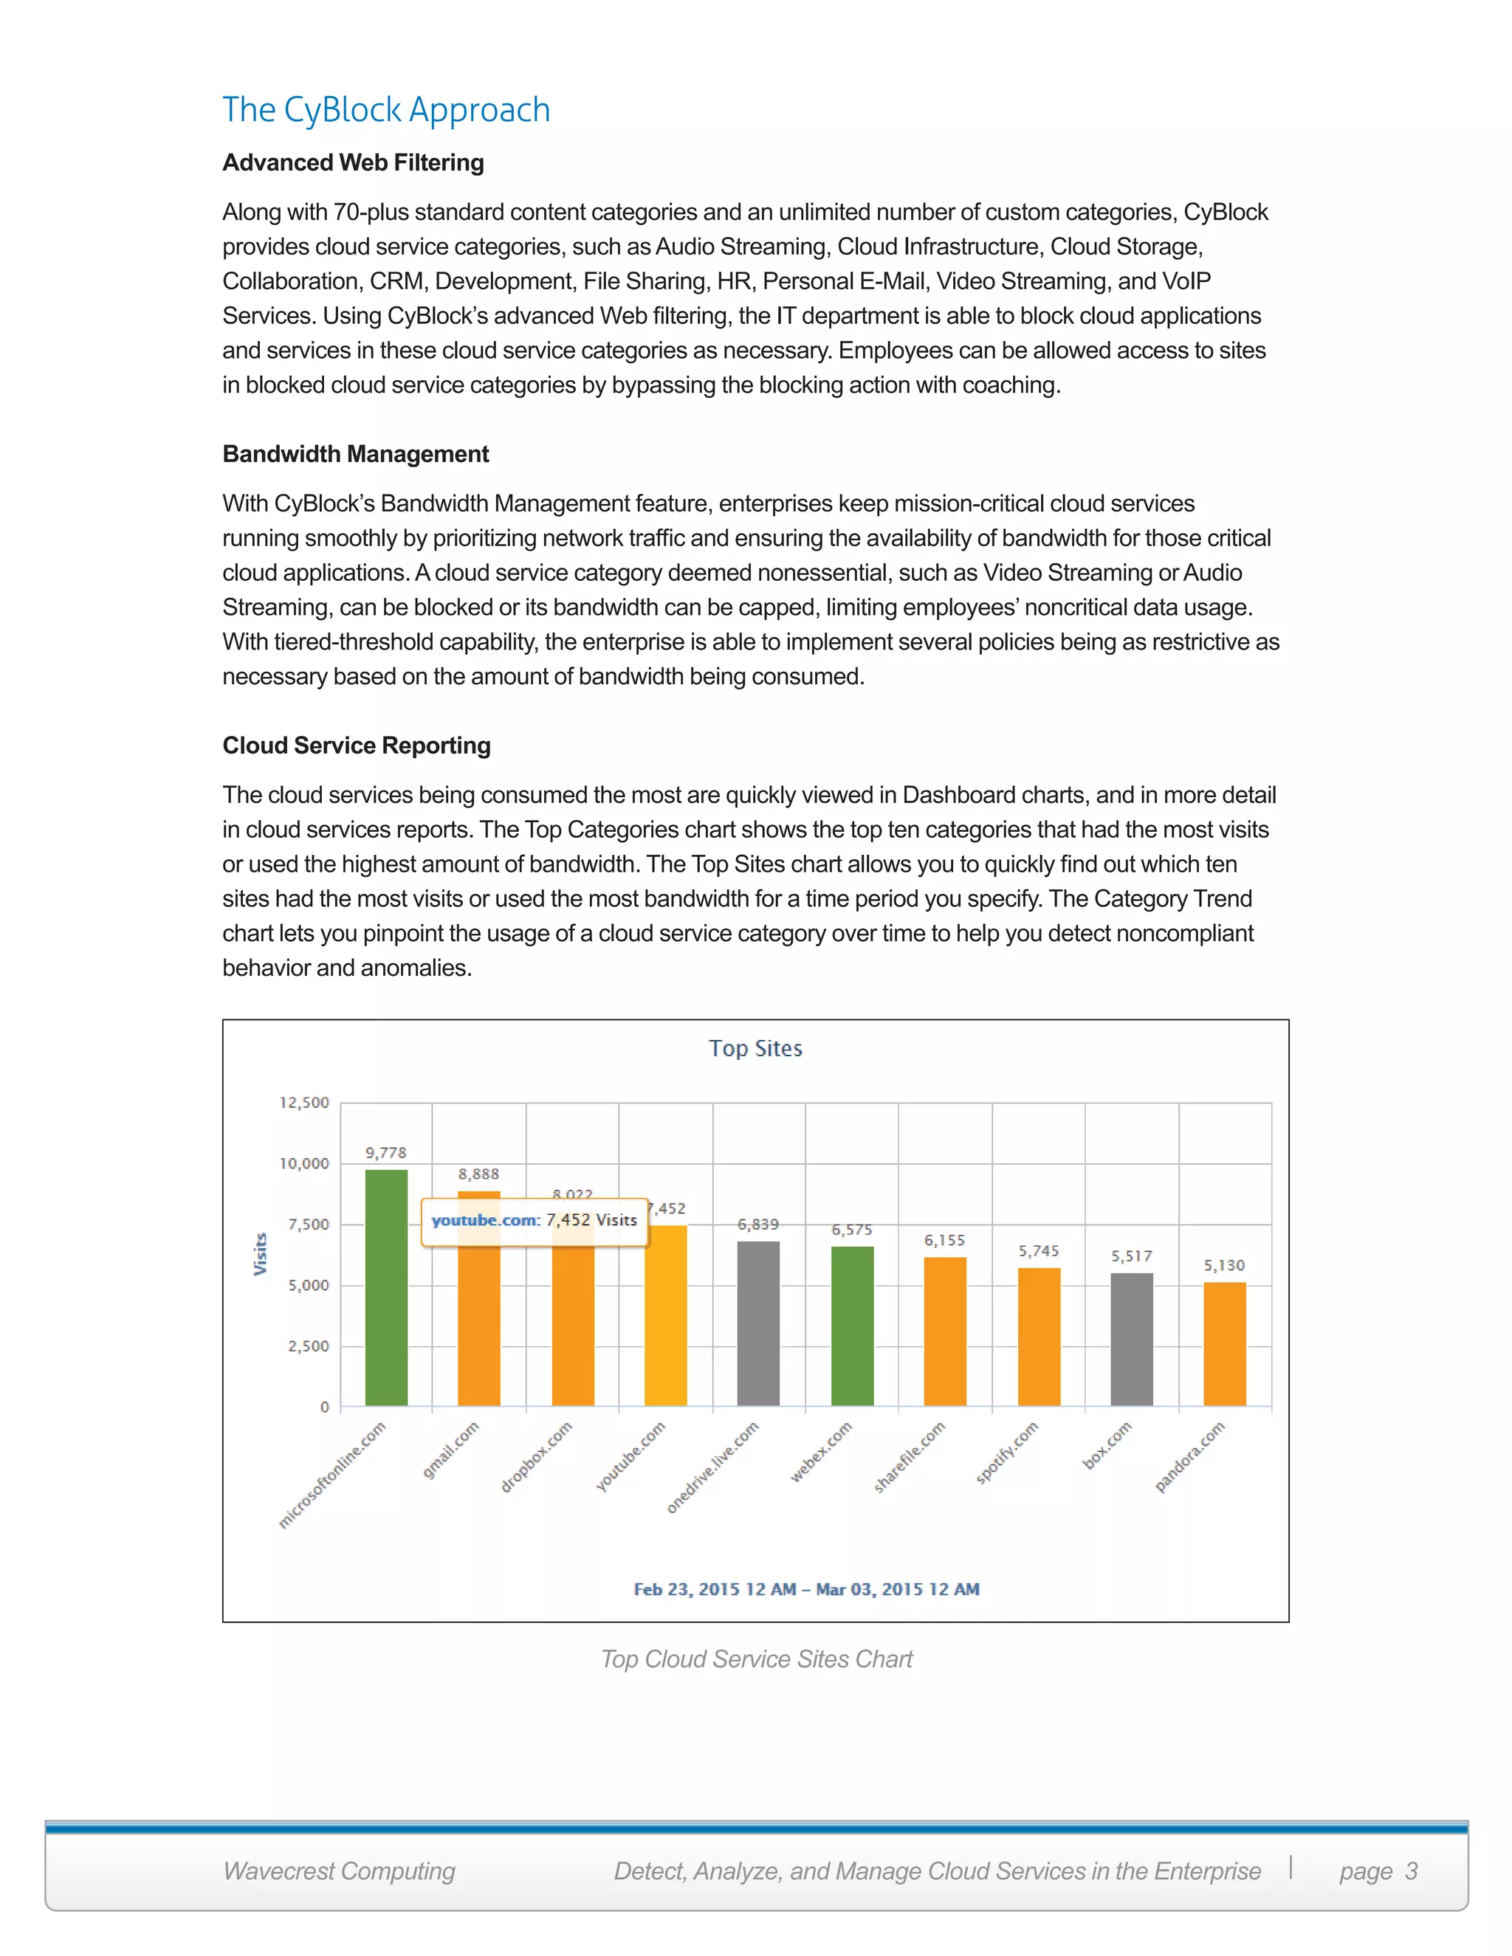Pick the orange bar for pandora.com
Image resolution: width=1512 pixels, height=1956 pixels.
coord(1225,1344)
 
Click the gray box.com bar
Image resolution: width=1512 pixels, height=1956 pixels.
coord(1131,1340)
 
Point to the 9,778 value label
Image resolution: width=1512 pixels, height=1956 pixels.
coord(386,1153)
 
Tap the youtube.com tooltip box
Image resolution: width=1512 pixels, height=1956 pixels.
coord(534,1221)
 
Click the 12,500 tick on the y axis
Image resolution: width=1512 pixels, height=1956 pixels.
coord(305,1103)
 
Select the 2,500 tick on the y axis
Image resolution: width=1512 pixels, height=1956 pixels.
coord(308,1346)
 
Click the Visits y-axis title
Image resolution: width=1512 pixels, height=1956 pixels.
coord(261,1254)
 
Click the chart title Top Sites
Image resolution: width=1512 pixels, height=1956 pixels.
coord(755,1049)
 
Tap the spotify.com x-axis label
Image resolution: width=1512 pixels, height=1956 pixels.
coord(1007,1453)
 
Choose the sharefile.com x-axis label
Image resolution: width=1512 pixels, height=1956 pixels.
coord(909,1457)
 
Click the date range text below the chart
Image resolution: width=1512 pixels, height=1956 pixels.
coord(806,1590)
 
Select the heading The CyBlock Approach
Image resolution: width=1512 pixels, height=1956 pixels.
coord(386,110)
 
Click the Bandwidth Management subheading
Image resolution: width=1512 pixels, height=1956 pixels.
coord(356,454)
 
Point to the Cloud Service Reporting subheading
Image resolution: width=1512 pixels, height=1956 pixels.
coord(357,745)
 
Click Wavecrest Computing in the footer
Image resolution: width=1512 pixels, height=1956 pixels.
coord(340,1871)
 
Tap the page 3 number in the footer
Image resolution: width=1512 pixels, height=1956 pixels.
coord(1378,1871)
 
